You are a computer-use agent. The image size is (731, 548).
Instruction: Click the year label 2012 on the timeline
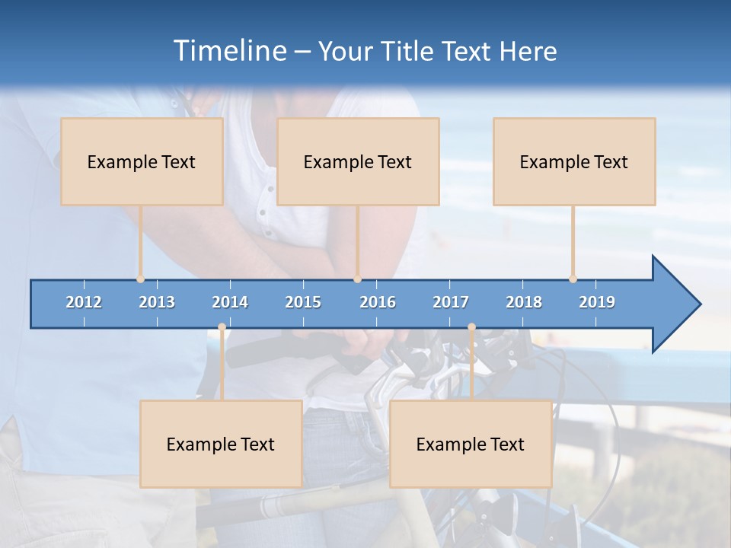point(84,302)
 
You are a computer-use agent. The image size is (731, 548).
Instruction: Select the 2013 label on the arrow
point(157,302)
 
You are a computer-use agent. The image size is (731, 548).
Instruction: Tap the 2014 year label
point(230,302)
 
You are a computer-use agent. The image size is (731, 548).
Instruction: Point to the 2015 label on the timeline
point(303,302)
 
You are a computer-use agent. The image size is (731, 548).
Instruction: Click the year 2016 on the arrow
point(378,302)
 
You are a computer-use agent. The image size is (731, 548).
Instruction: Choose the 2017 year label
point(451,302)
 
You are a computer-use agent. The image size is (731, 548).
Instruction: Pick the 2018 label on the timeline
point(524,302)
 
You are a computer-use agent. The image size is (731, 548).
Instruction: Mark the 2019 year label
point(597,302)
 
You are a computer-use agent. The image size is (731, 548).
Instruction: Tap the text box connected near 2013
point(142,161)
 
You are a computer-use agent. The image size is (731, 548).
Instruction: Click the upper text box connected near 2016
point(358,161)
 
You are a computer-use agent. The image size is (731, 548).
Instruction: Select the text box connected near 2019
point(574,161)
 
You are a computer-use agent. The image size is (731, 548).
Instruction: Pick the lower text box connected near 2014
point(221,444)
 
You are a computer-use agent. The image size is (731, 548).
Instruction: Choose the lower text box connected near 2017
point(471,444)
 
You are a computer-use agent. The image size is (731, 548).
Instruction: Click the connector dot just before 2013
point(140,279)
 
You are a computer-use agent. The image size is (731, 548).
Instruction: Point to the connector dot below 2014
point(222,327)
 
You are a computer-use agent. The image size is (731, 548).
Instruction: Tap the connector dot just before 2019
point(573,279)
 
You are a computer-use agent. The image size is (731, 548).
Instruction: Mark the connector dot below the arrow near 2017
point(471,327)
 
